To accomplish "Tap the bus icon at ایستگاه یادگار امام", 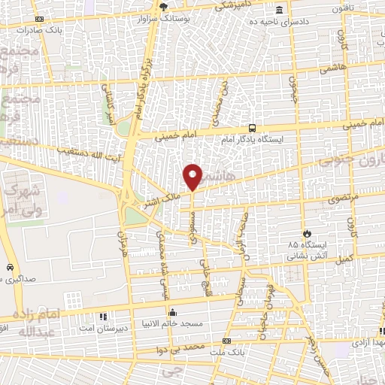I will [251, 129].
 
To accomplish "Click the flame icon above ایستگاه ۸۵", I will [306, 234].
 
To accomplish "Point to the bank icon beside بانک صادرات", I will [39, 20].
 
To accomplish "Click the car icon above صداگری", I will [9, 268].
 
